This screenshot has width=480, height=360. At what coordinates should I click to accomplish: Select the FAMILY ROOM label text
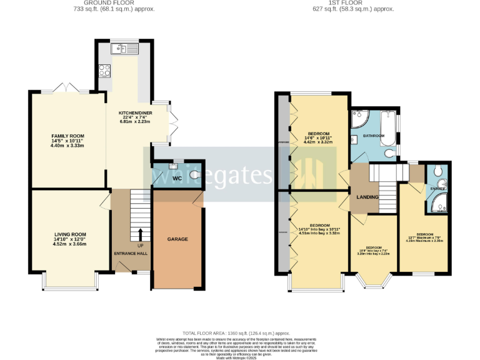click(x=67, y=136)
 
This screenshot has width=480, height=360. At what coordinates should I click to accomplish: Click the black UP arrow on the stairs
click(x=139, y=234)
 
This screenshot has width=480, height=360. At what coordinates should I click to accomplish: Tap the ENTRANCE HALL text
click(x=130, y=253)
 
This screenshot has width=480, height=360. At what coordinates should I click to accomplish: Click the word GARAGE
click(x=177, y=239)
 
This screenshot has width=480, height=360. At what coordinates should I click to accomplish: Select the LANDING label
click(x=367, y=197)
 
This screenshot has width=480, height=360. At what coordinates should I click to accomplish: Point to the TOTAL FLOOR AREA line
click(x=236, y=334)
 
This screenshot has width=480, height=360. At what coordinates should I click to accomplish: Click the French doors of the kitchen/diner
click(x=171, y=122)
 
